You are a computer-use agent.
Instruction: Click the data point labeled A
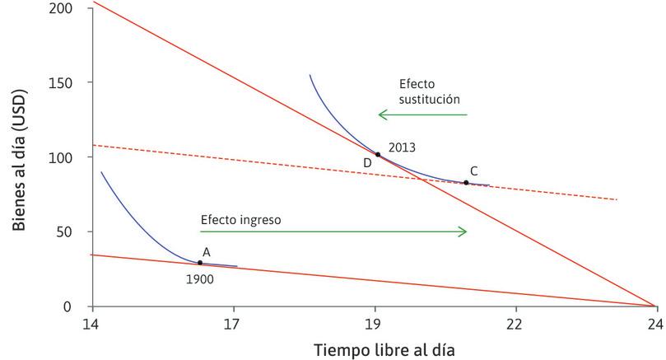[x=200, y=263]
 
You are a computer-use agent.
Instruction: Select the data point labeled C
[x=466, y=182]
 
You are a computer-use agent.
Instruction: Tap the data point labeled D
[x=378, y=154]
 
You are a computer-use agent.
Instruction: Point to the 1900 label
[x=200, y=279]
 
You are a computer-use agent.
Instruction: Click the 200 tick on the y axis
[x=72, y=8]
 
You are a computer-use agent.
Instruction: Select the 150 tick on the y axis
[x=72, y=82]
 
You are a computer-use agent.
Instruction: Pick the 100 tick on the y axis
[x=72, y=157]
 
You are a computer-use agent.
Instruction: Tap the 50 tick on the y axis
[x=75, y=232]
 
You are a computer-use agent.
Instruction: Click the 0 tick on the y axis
[x=78, y=306]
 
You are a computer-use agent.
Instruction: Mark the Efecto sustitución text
[x=429, y=91]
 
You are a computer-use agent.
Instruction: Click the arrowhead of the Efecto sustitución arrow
[x=380, y=115]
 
